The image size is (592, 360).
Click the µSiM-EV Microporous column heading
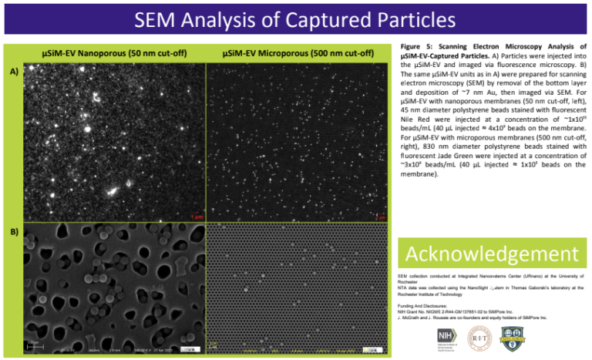[297, 54]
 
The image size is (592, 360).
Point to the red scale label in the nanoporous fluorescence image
[196, 217]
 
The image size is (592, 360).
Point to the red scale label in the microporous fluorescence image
[379, 217]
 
